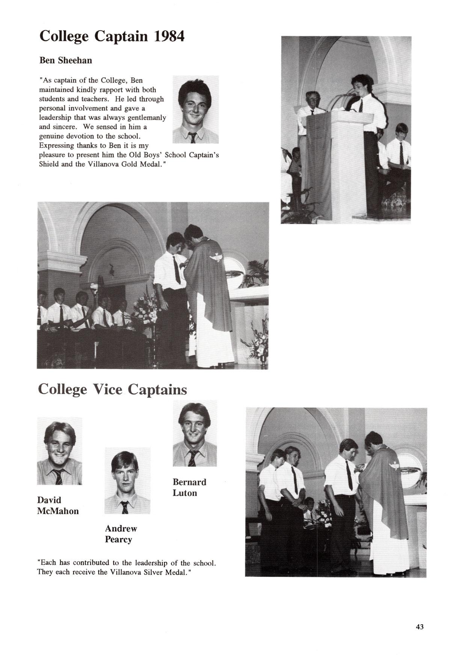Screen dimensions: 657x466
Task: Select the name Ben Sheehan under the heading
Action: click(65, 60)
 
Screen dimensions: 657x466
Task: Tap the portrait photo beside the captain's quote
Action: click(195, 109)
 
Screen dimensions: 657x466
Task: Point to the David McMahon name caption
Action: click(58, 505)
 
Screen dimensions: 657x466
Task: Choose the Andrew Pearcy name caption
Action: click(121, 534)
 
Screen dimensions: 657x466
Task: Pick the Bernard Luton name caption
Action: click(189, 487)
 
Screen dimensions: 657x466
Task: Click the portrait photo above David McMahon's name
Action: click(59, 451)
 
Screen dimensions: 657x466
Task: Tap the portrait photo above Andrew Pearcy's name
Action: click(127, 481)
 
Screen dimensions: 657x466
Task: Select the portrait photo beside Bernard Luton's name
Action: click(195, 433)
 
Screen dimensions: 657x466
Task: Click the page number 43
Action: click(419, 627)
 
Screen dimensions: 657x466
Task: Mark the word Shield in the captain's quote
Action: click(48, 164)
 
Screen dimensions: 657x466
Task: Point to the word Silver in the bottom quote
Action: click(154, 573)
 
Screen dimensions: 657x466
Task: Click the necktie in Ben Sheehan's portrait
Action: click(193, 137)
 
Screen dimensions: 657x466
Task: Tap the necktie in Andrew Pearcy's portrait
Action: click(125, 507)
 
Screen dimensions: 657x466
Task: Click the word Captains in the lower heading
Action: click(157, 389)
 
